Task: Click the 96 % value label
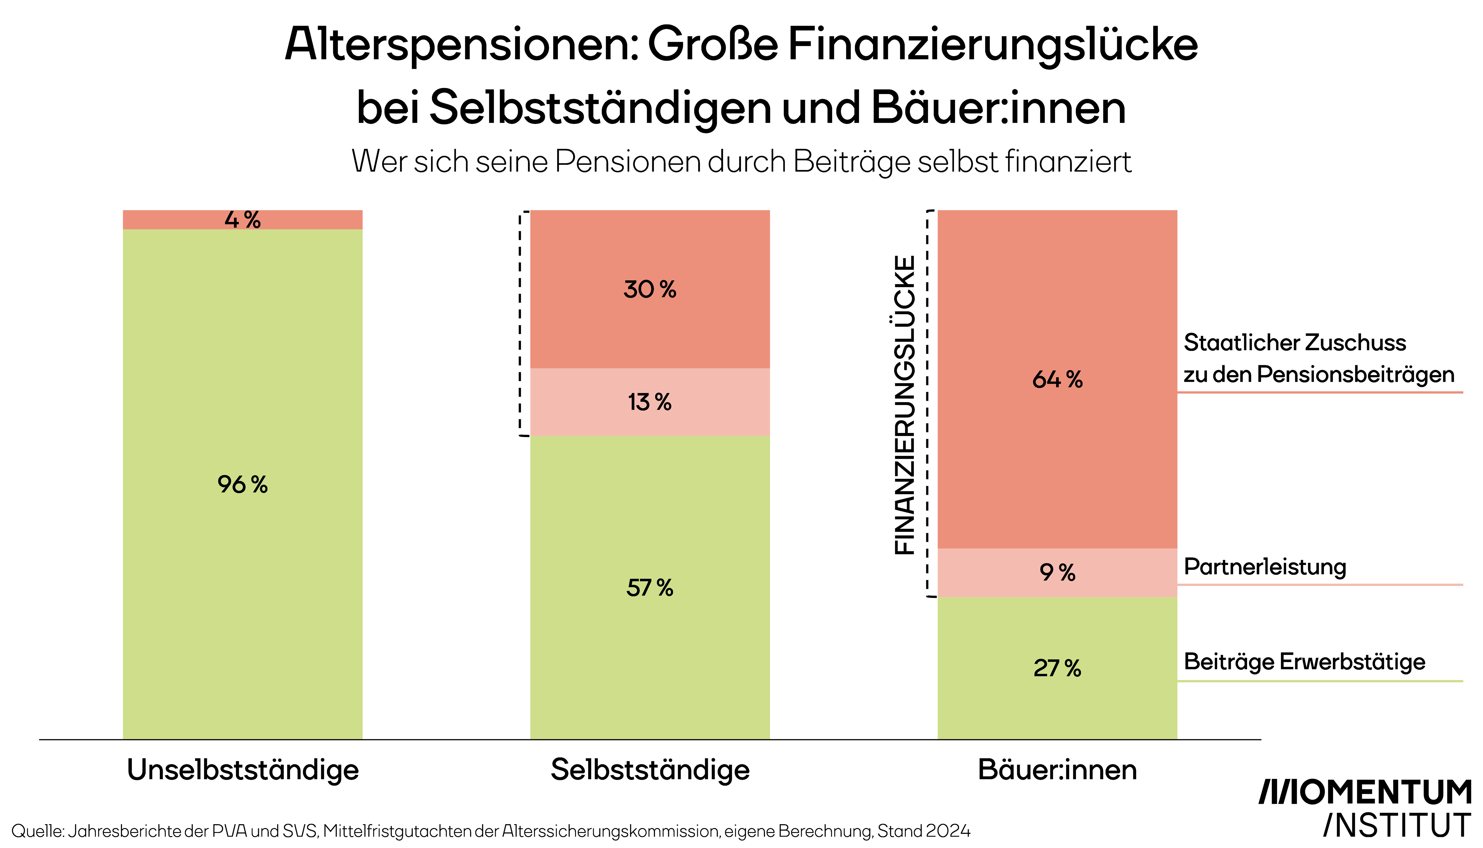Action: (x=242, y=484)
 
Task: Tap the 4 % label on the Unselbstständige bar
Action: (x=242, y=220)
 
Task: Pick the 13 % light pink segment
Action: (x=649, y=402)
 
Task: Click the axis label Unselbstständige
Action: (x=243, y=770)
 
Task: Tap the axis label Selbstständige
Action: (x=650, y=770)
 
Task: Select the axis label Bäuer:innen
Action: (x=1057, y=770)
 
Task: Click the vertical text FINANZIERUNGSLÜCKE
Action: (x=905, y=405)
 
